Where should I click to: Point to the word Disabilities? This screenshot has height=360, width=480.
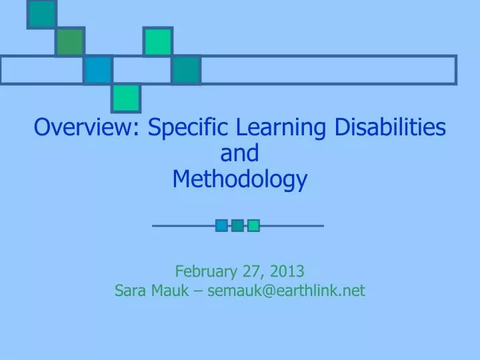pyautogui.click(x=391, y=126)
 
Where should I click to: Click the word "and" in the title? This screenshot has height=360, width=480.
pyautogui.click(x=239, y=153)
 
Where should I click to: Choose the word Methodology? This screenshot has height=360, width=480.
pyautogui.click(x=240, y=179)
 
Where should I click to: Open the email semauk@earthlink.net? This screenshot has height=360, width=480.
pyautogui.click(x=287, y=291)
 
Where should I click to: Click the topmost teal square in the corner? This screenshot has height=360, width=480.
pyautogui.click(x=41, y=14)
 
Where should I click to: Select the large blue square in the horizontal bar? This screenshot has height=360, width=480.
pyautogui.click(x=98, y=70)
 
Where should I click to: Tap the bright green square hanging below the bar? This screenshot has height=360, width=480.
pyautogui.click(x=126, y=98)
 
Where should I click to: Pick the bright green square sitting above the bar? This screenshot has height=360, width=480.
pyautogui.click(x=158, y=42)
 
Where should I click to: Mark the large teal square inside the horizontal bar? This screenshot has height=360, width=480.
pyautogui.click(x=186, y=70)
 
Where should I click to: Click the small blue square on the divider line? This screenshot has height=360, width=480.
pyautogui.click(x=221, y=226)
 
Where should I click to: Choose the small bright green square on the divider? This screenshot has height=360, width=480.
pyautogui.click(x=253, y=226)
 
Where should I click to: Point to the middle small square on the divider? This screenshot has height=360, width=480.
pyautogui.click(x=237, y=226)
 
